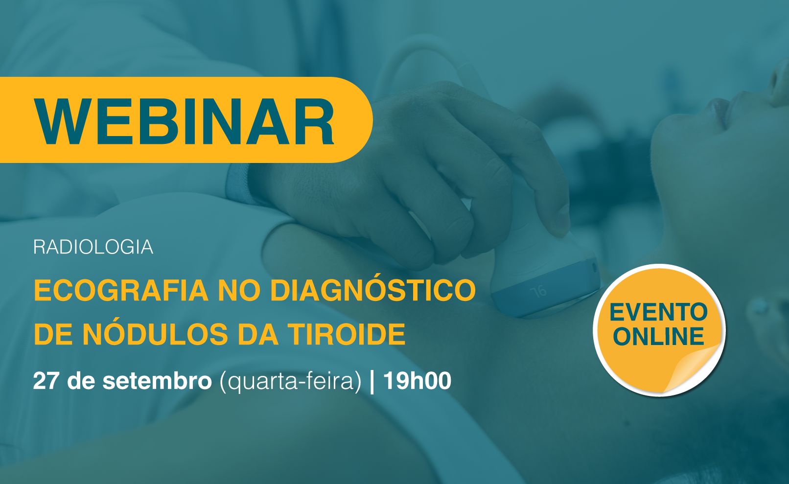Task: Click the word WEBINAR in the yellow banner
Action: (184, 121)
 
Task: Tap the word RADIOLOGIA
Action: (93, 247)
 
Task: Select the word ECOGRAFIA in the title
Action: (121, 290)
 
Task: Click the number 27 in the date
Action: (46, 381)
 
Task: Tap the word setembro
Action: (157, 381)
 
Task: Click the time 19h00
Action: (417, 381)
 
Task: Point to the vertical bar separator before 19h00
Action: (372, 382)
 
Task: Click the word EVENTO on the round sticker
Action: (658, 312)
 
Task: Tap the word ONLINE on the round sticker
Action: (659, 336)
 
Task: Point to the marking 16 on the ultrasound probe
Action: (538, 292)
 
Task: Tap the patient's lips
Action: (719, 109)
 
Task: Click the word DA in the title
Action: (258, 334)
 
